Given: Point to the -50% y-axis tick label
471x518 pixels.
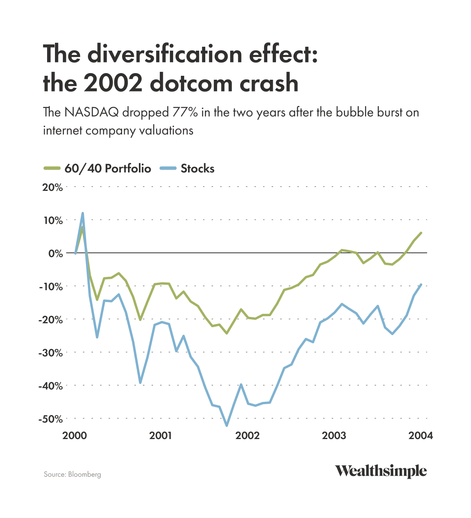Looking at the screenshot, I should click(x=51, y=419).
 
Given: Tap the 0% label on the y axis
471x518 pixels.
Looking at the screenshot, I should click(x=56, y=253).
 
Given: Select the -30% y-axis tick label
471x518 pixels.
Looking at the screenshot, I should click(x=51, y=353).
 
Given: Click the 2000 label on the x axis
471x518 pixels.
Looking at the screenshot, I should click(x=75, y=436).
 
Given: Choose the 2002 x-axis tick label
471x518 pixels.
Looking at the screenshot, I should click(x=248, y=436).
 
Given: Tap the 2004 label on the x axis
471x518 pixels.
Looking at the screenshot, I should click(x=421, y=436).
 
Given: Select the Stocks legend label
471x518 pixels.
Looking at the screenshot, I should click(x=197, y=169).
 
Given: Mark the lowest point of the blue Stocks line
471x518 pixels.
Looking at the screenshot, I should click(x=226, y=425).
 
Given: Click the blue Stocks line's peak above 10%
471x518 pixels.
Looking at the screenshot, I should click(x=82, y=213).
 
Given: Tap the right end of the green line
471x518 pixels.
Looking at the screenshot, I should click(x=421, y=233).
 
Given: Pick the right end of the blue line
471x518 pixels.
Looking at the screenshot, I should click(x=421, y=284).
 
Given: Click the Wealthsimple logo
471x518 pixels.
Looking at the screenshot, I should click(x=380, y=471).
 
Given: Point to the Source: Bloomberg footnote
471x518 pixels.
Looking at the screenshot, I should click(x=72, y=474).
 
